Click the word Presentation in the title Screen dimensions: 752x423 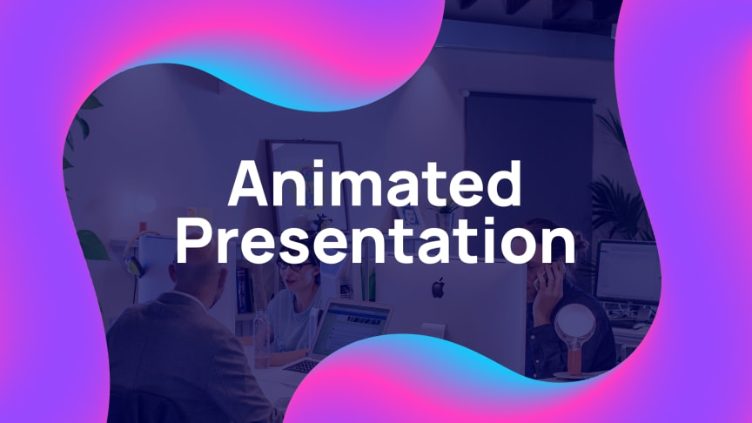[376, 240]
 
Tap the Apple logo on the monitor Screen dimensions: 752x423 [438, 288]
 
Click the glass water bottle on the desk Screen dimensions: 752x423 [260, 339]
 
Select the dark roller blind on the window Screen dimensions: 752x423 [529, 140]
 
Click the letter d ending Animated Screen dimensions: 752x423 [504, 185]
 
